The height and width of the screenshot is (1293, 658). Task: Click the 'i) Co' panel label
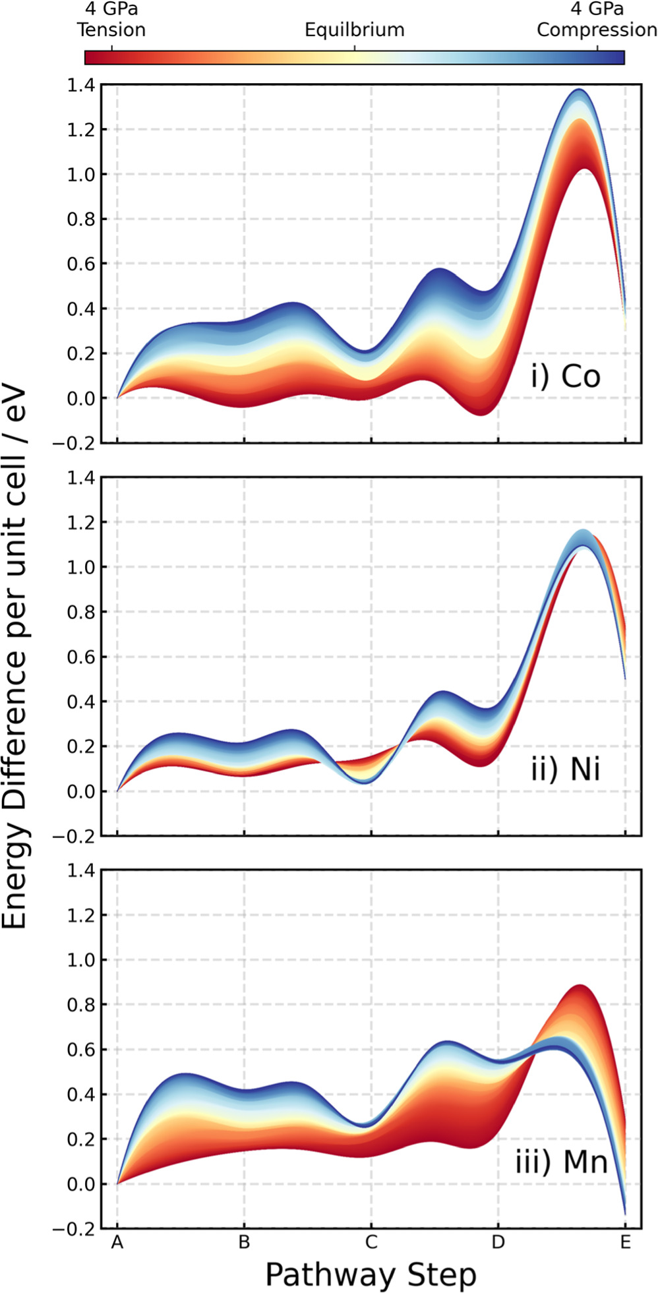pyautogui.click(x=566, y=377)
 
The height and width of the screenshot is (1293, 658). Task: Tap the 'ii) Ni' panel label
pyautogui.click(x=566, y=769)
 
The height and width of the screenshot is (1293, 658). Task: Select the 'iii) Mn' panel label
pyautogui.click(x=561, y=1162)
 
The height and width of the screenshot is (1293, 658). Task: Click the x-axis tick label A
pyautogui.click(x=117, y=1243)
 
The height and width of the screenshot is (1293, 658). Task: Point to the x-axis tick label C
pyautogui.click(x=371, y=1243)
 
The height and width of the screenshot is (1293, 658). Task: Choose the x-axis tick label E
pyautogui.click(x=625, y=1243)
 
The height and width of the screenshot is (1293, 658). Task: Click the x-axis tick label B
pyautogui.click(x=244, y=1243)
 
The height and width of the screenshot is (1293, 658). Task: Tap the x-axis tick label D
pyautogui.click(x=498, y=1243)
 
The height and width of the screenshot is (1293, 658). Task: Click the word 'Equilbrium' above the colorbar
pyautogui.click(x=354, y=30)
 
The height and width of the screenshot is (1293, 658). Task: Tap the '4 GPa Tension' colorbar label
pyautogui.click(x=111, y=20)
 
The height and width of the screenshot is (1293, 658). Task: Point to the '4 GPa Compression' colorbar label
pyautogui.click(x=597, y=20)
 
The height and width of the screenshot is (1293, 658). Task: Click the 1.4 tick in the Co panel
pyautogui.click(x=80, y=85)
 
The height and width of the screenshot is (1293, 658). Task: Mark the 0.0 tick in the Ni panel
pyautogui.click(x=80, y=791)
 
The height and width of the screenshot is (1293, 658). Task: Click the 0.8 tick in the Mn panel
pyautogui.click(x=80, y=1005)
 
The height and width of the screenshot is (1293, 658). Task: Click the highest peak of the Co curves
pyautogui.click(x=579, y=90)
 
